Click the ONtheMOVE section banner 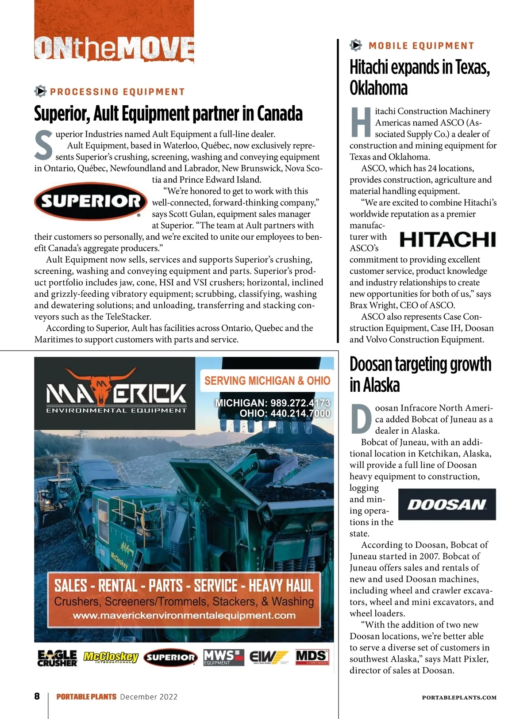[x=114, y=48]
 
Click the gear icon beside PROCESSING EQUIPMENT [x=40, y=92]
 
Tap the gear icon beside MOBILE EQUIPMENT [x=356, y=45]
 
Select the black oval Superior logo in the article [x=91, y=201]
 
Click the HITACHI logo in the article [x=447, y=239]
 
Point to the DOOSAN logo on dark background [x=447, y=505]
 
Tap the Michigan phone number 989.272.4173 [x=273, y=403]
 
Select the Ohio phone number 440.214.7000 [x=285, y=413]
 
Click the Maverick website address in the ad [x=184, y=616]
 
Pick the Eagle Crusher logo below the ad [x=57, y=658]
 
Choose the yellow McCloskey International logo [x=111, y=658]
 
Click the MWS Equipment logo [x=223, y=657]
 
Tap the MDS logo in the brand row [x=312, y=657]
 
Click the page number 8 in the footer [x=37, y=696]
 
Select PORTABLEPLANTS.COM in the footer [x=459, y=697]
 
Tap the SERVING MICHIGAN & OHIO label [x=267, y=381]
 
